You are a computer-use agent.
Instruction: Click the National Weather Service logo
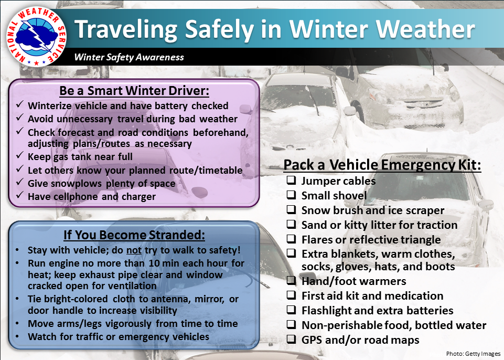(x=37, y=36)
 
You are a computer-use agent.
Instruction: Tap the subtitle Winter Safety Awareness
(x=129, y=57)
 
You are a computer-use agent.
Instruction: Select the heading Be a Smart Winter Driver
(x=134, y=91)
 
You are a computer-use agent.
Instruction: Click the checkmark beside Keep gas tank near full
(x=19, y=155)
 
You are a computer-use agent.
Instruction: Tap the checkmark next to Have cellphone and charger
(x=19, y=195)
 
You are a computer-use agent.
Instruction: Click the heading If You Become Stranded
(x=134, y=235)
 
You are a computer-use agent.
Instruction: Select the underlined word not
(x=134, y=250)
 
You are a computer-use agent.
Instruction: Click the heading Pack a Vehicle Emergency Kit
(x=382, y=165)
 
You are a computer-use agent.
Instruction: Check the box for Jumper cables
(x=291, y=180)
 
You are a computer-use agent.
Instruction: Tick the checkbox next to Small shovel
(x=291, y=195)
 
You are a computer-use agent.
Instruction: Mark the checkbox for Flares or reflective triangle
(x=291, y=239)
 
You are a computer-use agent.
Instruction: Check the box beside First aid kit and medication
(x=291, y=295)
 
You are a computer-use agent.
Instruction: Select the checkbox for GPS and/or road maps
(x=291, y=339)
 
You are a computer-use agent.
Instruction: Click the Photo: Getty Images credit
(x=473, y=354)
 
